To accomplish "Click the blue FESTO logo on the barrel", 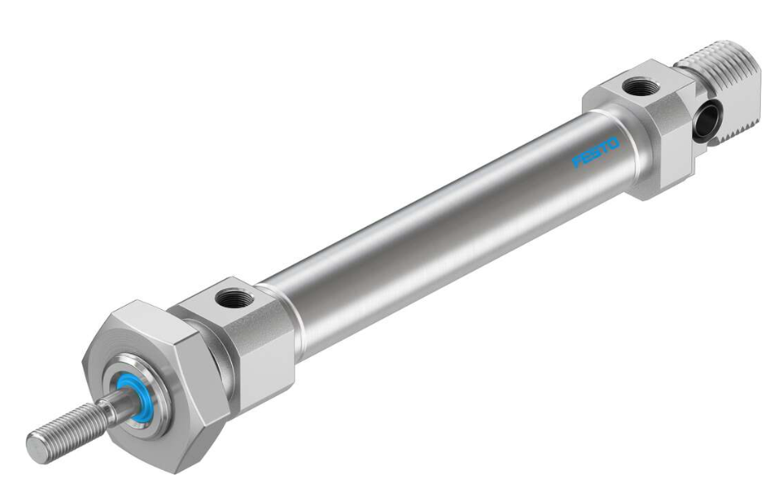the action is (595, 152).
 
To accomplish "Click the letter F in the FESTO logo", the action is (577, 162).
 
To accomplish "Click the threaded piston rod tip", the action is (67, 432).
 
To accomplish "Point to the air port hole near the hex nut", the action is (235, 299).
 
